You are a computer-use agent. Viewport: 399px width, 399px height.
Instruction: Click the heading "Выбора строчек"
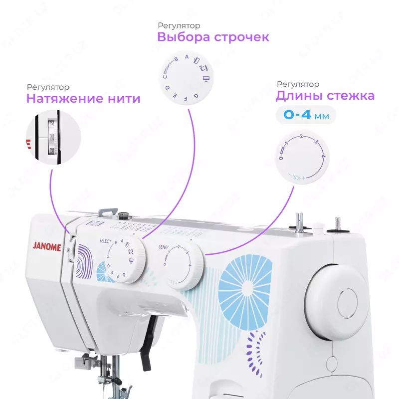(213, 37)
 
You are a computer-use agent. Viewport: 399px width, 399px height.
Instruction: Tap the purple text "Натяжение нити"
(83, 99)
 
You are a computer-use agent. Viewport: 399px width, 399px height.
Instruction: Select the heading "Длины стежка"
(325, 96)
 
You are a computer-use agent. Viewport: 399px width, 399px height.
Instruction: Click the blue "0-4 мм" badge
(305, 115)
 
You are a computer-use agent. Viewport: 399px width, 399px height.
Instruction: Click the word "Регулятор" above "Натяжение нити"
(48, 88)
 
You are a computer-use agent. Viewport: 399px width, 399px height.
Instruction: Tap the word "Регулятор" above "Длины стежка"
(298, 84)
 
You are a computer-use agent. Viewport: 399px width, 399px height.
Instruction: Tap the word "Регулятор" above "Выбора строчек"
(179, 25)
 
